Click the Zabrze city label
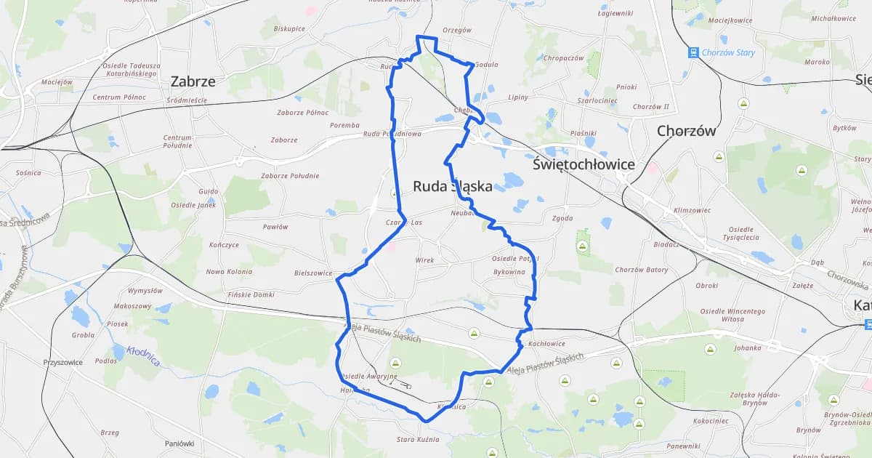(x=193, y=81)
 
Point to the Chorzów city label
(x=686, y=131)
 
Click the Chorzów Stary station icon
(x=694, y=52)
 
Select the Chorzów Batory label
(x=641, y=270)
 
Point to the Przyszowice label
(x=62, y=362)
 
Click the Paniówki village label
(x=179, y=443)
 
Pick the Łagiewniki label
(x=615, y=13)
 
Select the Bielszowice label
(x=313, y=273)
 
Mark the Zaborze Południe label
(x=290, y=175)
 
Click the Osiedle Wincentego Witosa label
(x=732, y=315)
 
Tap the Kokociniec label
(x=711, y=421)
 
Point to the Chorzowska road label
(x=848, y=279)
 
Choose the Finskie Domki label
(x=251, y=294)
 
